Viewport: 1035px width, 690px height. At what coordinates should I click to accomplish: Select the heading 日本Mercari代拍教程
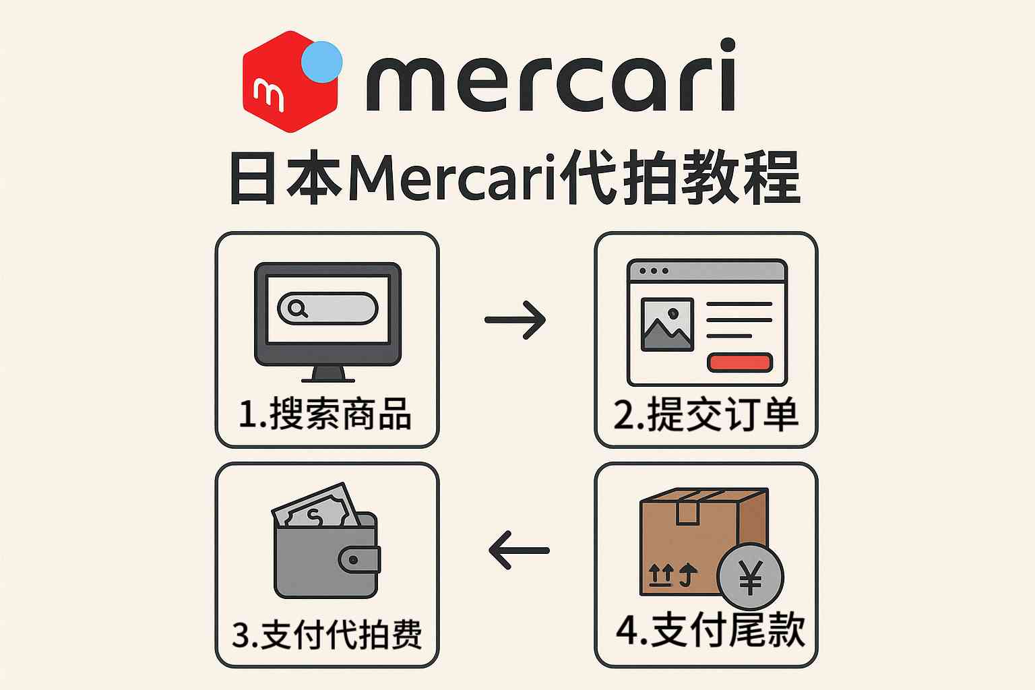[515, 178]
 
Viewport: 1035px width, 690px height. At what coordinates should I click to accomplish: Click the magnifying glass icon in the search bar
[297, 309]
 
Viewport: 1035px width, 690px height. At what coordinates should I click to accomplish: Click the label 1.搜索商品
[325, 413]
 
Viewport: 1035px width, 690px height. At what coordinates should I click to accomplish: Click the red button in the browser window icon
[739, 363]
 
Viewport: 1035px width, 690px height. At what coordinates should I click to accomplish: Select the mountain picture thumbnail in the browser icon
[667, 324]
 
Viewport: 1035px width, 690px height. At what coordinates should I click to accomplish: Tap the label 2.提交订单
[705, 414]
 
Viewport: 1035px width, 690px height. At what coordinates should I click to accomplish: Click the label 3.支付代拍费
[327, 634]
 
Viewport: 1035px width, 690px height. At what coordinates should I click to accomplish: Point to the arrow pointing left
[519, 550]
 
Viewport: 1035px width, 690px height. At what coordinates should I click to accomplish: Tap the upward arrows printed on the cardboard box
[672, 575]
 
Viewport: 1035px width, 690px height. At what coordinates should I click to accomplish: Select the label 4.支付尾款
[710, 630]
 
